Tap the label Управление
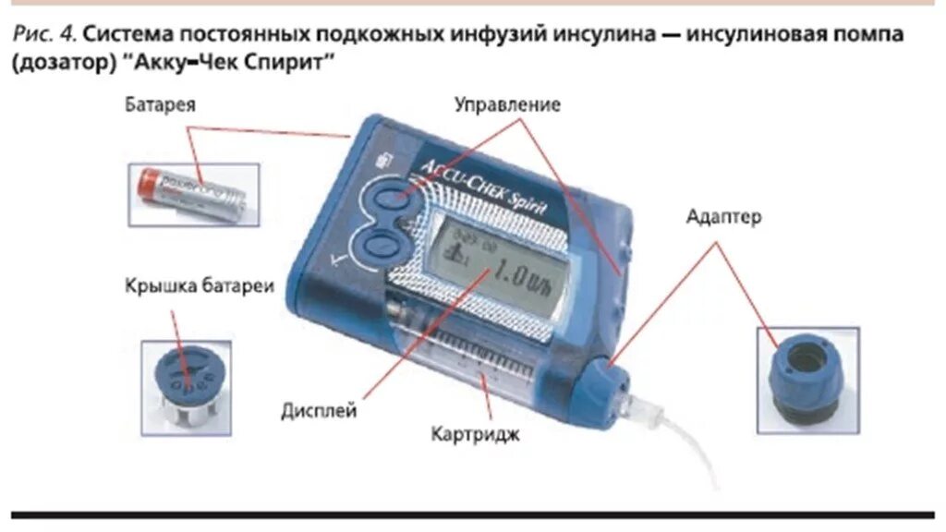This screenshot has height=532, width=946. (x=507, y=105)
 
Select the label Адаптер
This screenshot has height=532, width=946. (x=724, y=218)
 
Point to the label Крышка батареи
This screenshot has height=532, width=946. (x=200, y=286)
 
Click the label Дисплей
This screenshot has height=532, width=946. (x=320, y=412)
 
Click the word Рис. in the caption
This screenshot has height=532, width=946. (x=32, y=35)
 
